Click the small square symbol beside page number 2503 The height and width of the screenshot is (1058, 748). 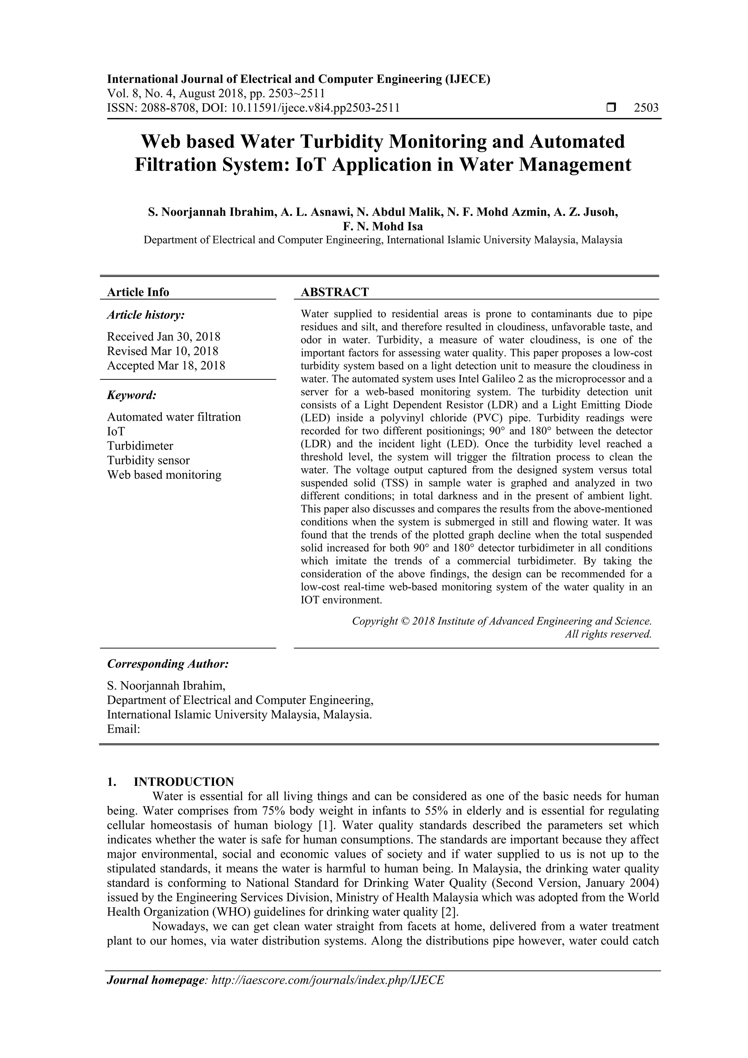611,108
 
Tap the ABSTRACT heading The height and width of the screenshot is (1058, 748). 335,292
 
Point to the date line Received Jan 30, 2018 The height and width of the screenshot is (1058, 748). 164,336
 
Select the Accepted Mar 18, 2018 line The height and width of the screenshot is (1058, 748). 166,366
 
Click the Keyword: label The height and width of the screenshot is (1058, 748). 132,396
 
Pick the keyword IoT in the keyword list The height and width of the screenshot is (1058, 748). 116,431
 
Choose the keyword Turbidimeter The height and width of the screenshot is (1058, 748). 140,446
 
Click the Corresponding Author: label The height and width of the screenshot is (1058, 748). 168,664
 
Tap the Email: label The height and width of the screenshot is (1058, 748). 123,729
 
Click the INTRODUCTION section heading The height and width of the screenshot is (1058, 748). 183,782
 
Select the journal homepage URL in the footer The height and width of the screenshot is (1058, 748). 327,980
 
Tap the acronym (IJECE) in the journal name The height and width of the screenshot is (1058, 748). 467,79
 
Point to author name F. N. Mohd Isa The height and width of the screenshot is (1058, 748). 382,226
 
